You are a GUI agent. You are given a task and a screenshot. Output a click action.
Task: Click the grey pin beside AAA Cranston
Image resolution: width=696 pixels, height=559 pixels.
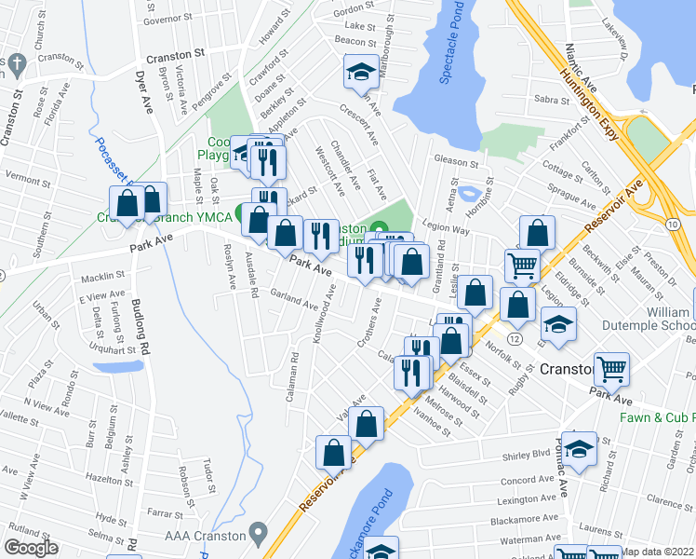click(x=260, y=536)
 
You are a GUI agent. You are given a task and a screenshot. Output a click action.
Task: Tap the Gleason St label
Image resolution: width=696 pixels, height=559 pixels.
click(x=455, y=161)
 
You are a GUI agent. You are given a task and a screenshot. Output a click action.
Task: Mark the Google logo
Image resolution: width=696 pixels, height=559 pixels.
click(x=31, y=549)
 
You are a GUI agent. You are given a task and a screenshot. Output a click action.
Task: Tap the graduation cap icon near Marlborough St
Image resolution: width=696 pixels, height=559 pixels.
click(x=359, y=73)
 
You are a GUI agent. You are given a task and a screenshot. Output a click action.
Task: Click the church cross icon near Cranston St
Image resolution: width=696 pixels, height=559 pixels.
click(x=18, y=64)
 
